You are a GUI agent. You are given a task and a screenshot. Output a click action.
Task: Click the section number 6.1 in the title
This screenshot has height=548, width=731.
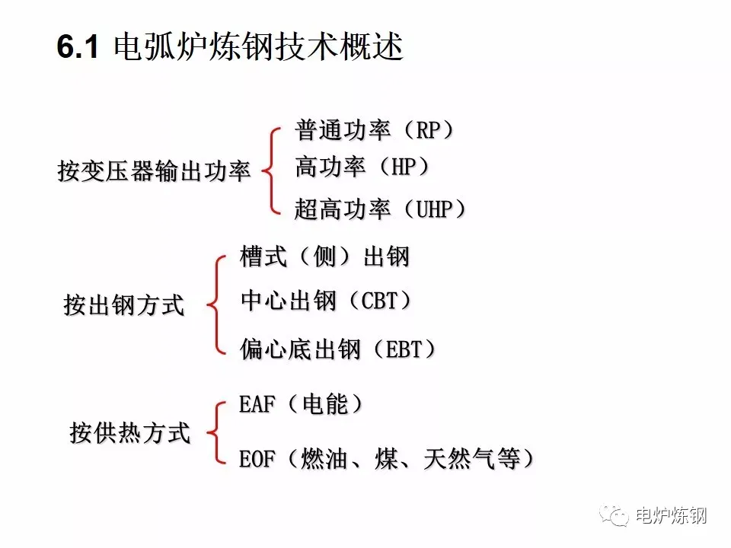(x=78, y=48)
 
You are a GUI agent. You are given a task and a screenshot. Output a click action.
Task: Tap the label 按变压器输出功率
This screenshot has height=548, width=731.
(x=155, y=171)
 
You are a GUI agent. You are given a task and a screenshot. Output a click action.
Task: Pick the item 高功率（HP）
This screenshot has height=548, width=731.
(x=362, y=167)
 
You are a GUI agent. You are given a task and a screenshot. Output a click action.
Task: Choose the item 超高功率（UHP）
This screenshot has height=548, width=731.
(x=380, y=209)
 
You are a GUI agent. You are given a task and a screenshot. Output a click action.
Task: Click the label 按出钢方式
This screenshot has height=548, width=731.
(x=123, y=306)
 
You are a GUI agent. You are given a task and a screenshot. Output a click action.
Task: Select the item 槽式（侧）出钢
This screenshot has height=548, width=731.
(x=324, y=256)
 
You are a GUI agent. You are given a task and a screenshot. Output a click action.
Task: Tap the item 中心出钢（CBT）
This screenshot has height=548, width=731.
(x=327, y=301)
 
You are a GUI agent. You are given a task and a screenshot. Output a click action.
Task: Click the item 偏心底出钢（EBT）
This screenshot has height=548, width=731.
(x=339, y=349)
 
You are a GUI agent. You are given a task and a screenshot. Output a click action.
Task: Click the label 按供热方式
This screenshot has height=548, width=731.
(x=129, y=433)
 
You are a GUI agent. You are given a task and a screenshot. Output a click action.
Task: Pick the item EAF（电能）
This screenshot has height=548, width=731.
(x=302, y=405)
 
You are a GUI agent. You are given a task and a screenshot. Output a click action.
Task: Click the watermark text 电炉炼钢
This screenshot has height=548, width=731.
(x=671, y=515)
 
